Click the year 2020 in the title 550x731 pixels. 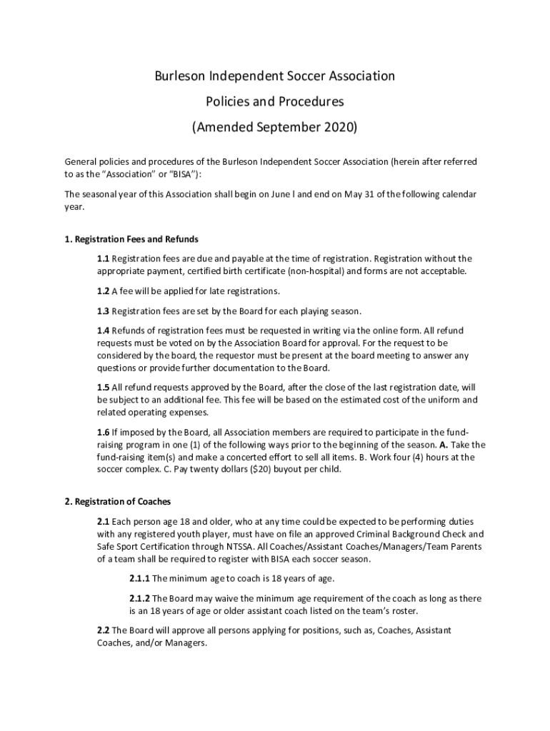[335, 128]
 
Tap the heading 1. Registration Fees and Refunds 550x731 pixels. [131, 238]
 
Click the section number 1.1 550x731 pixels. [104, 258]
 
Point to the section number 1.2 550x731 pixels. [104, 291]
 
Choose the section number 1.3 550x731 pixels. [104, 311]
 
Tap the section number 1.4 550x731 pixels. [104, 331]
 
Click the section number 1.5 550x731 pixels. [104, 387]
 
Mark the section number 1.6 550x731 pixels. [104, 432]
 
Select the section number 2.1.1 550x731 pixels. [139, 578]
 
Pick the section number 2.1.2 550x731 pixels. [139, 598]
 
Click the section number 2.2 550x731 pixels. [104, 630]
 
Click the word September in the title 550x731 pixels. [276, 128]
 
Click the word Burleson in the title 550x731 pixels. [183, 76]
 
